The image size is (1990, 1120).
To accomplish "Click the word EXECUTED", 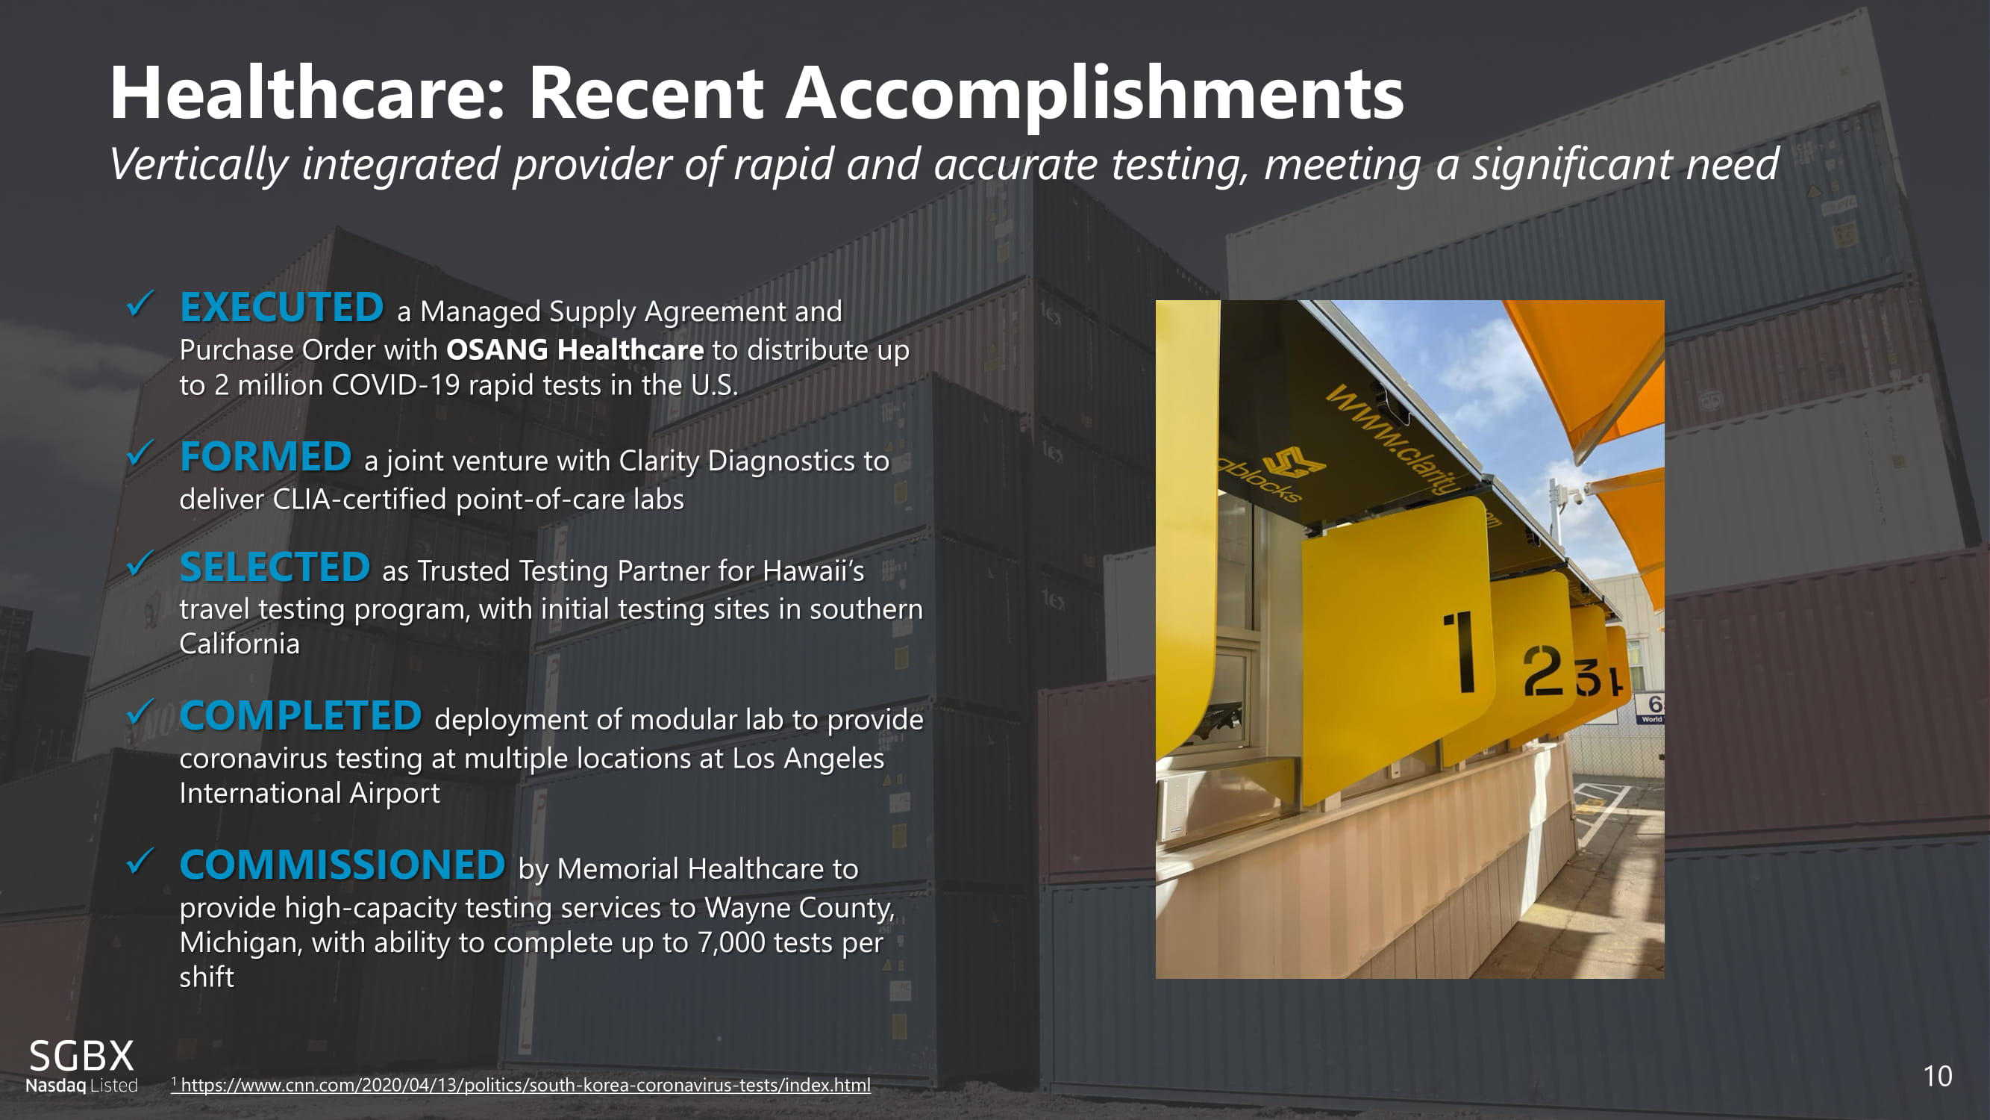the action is pyautogui.click(x=282, y=307).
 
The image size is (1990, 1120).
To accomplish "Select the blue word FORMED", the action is pyautogui.click(x=266, y=456).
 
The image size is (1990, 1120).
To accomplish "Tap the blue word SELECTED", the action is pyautogui.click(x=275, y=567).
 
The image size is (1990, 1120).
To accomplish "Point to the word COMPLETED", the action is pyautogui.click(x=301, y=715).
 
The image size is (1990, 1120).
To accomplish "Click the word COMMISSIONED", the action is pyautogui.click(x=342, y=864).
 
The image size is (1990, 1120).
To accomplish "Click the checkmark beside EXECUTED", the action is pyautogui.click(x=140, y=304).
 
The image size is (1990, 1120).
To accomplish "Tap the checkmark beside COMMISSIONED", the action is pyautogui.click(x=140, y=861).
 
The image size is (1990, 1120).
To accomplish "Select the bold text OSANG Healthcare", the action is pyautogui.click(x=575, y=350).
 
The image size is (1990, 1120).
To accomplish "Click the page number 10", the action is pyautogui.click(x=1938, y=1077).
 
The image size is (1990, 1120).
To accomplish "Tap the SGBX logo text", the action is pyautogui.click(x=81, y=1056).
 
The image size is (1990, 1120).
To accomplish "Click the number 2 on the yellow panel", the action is pyautogui.click(x=1543, y=671).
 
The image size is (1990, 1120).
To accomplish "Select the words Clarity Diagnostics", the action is pyautogui.click(x=754, y=461).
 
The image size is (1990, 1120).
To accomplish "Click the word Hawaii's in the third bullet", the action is pyautogui.click(x=813, y=571).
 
